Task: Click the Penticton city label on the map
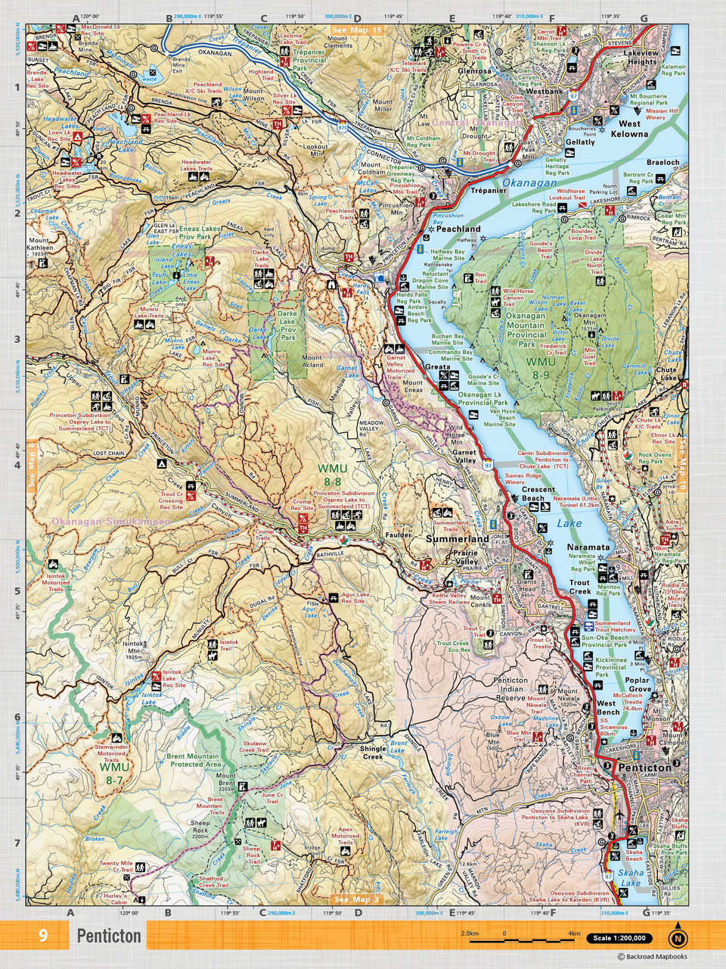coord(644,767)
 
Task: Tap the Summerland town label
coord(457,538)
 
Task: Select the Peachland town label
coord(458,228)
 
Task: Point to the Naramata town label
coord(588,547)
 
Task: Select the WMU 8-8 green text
coord(333,475)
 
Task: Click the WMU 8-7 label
coord(114,773)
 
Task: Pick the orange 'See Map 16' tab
coord(356,30)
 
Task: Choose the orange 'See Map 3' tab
coord(357,899)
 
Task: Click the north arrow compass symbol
coord(678,937)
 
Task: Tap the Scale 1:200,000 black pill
coord(619,938)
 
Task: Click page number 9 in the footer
coord(43,936)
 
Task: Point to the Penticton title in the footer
coord(109,936)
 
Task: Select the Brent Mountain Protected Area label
coord(194,760)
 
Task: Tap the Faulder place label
coord(398,534)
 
